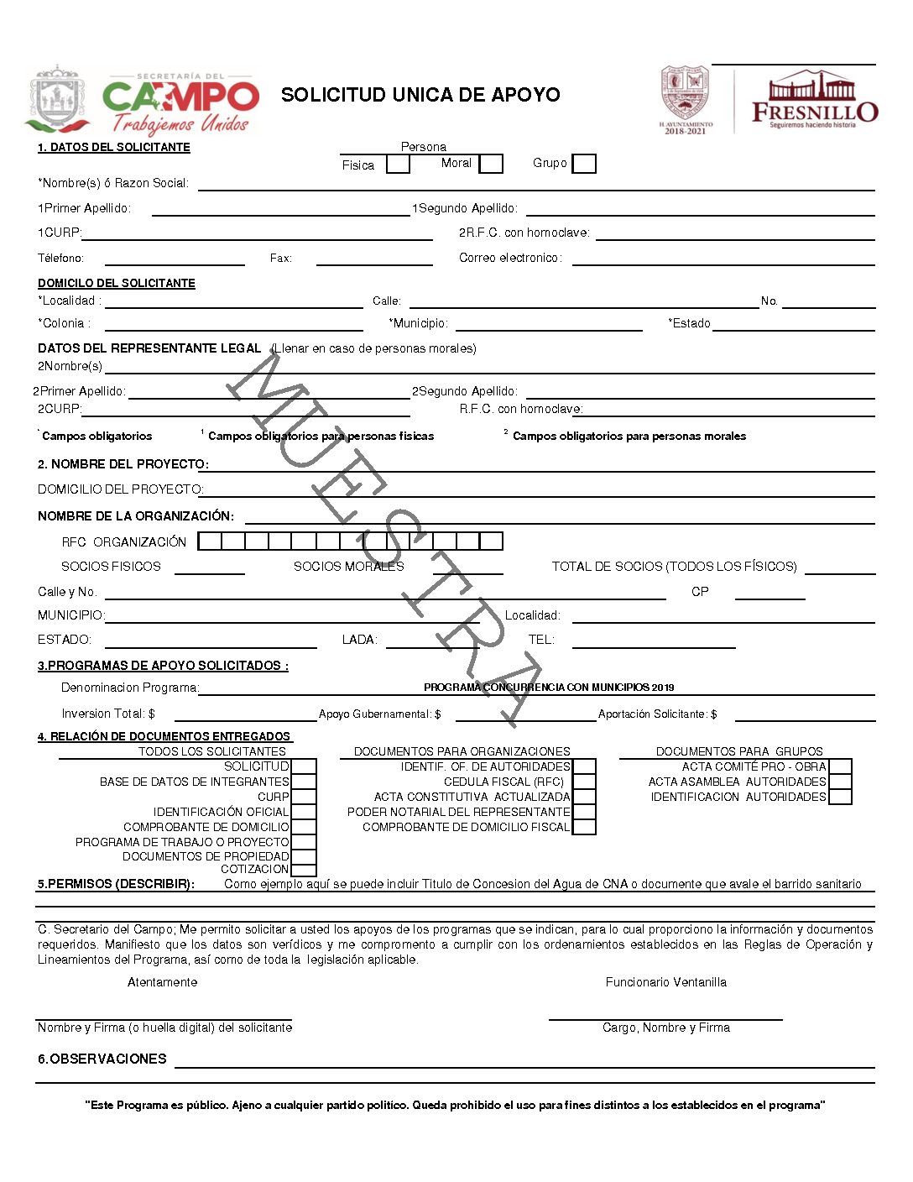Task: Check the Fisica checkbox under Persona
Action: pos(398,165)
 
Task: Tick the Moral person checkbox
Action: pos(491,164)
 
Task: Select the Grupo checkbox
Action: pos(584,164)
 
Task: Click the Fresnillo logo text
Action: pos(814,111)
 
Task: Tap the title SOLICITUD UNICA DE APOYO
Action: pos(420,95)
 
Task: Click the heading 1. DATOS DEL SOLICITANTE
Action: pos(114,148)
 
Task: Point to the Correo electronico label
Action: pos(510,259)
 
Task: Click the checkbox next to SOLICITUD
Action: pos(303,766)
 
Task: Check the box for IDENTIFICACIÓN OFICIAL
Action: pos(303,812)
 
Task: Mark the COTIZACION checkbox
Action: pos(303,870)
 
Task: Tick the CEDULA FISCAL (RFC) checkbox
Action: pos(584,782)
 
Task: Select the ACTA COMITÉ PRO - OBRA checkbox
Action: pos(840,766)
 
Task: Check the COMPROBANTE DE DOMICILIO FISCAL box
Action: pos(584,827)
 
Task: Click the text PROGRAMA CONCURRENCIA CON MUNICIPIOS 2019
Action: pos(549,688)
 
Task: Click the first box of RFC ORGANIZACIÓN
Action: pos(210,541)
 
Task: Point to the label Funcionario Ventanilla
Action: pos(666,982)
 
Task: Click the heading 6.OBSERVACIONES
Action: pos(102,1059)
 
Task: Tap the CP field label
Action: pos(700,592)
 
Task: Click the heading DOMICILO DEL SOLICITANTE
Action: pos(117,284)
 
